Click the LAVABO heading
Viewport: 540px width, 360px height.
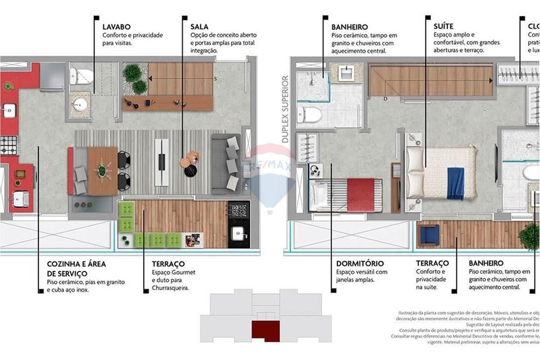[116, 26]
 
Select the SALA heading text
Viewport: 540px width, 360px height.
[199, 26]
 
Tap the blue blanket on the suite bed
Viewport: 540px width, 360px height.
[455, 183]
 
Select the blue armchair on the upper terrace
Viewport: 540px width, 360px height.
[429, 235]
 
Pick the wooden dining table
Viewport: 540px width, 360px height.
[102, 171]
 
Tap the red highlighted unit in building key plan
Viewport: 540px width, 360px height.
[265, 330]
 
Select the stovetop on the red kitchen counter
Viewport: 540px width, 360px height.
[9, 145]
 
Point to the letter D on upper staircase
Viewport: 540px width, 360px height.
[385, 99]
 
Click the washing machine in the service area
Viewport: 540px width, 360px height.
[21, 200]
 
